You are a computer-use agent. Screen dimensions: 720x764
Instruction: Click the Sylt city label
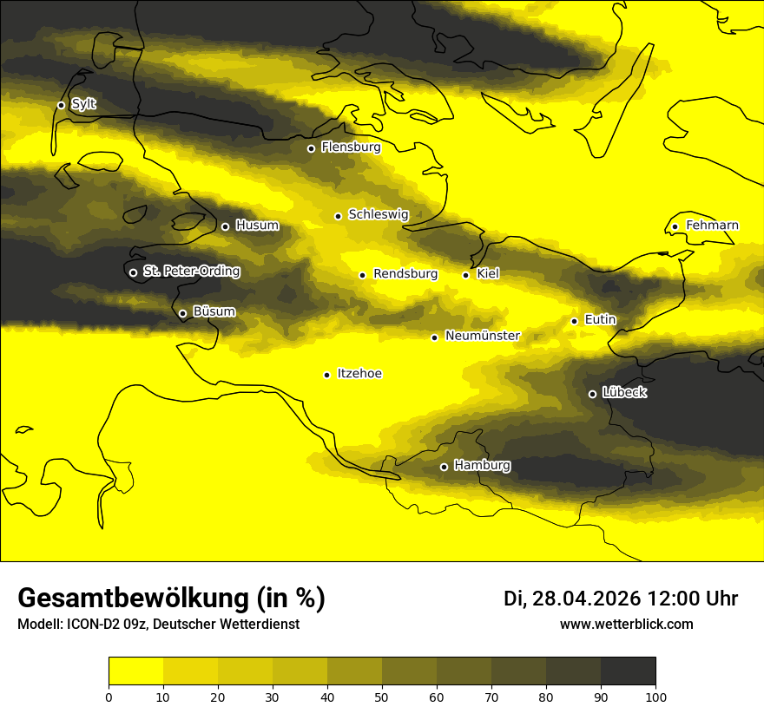(84, 104)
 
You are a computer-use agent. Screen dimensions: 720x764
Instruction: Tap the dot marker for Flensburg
(311, 148)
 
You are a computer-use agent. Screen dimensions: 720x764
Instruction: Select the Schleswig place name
(378, 214)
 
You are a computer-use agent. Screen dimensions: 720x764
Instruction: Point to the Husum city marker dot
(225, 226)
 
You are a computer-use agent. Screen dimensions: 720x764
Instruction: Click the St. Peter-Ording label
(191, 272)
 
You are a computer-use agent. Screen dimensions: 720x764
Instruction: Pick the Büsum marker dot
(182, 314)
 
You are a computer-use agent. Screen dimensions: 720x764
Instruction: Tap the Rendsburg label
(405, 274)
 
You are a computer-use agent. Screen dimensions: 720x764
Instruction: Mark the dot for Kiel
(466, 275)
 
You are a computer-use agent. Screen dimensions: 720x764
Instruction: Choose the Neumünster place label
(483, 336)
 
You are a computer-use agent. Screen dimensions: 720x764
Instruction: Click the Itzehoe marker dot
(326, 375)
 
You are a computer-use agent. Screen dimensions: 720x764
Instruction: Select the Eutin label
(600, 319)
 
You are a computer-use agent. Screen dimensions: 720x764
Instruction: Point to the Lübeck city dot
(592, 394)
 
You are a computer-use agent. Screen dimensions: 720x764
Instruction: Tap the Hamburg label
(482, 466)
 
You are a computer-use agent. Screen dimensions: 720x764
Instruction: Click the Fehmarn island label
(712, 226)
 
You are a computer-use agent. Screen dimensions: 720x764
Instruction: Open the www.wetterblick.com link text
(626, 625)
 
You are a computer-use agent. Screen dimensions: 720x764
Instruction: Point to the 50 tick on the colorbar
(382, 696)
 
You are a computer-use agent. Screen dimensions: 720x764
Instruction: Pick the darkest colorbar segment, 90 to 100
(628, 671)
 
